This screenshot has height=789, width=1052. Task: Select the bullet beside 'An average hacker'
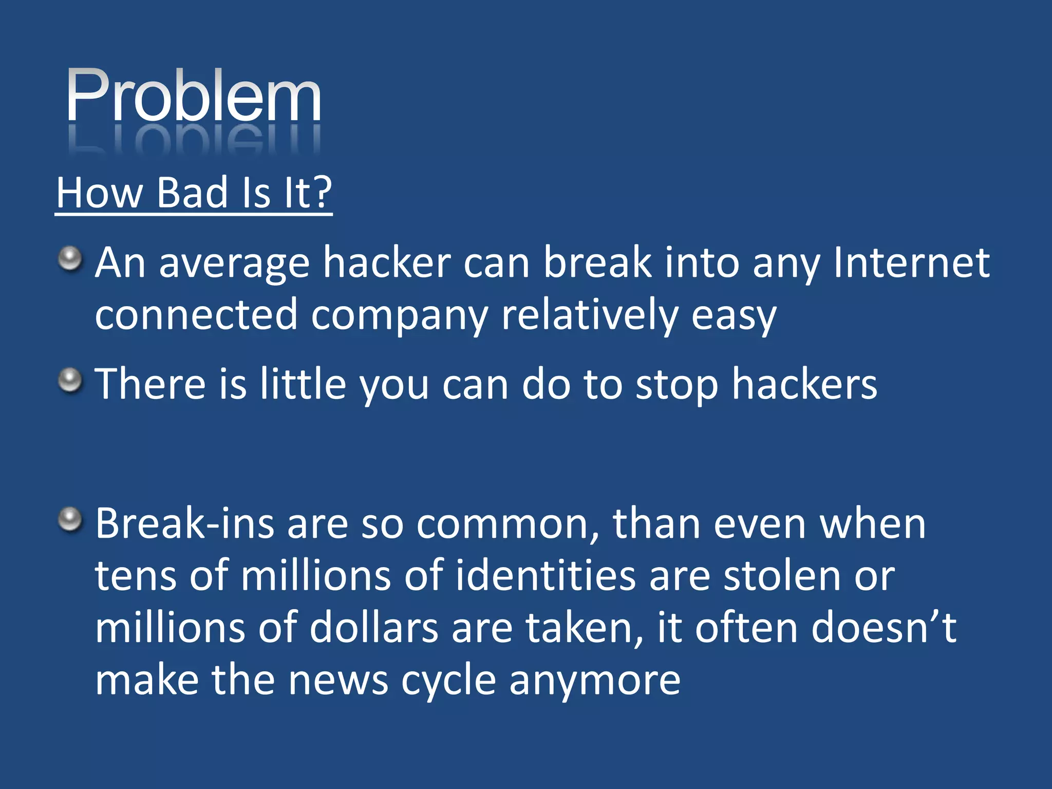point(70,258)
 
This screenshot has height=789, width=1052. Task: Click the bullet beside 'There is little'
point(70,381)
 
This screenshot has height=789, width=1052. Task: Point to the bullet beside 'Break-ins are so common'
point(70,520)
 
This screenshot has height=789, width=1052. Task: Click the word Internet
point(911,263)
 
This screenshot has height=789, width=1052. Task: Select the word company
point(399,315)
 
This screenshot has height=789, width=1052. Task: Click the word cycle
point(448,681)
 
